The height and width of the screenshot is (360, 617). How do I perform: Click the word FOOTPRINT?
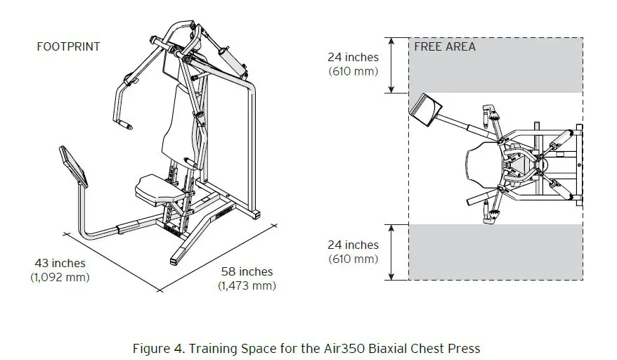coord(67,47)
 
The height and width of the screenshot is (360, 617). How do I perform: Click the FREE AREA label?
coord(444,47)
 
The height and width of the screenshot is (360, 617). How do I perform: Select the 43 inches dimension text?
coord(60,264)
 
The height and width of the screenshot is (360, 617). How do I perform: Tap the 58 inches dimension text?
coord(246,272)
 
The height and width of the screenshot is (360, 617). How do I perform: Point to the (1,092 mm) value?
coord(60,277)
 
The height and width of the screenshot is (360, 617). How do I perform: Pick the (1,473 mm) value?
coord(246,285)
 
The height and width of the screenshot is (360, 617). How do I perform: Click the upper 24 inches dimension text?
coord(353,58)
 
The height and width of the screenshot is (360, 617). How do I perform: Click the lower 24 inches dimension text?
coord(353,245)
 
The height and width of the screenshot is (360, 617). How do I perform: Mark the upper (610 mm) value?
coord(353,71)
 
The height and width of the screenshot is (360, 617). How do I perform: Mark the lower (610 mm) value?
coord(353,259)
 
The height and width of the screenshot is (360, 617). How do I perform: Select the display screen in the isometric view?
coord(76,167)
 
